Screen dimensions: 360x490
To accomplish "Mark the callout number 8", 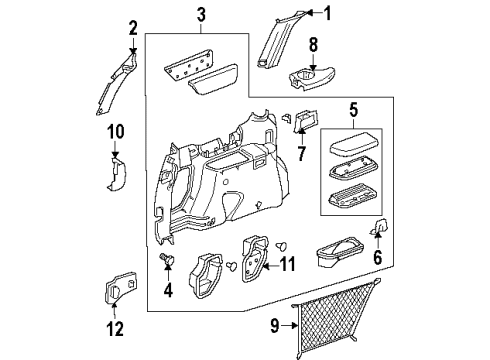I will pos(312,45).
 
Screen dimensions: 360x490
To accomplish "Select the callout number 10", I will pos(115,131).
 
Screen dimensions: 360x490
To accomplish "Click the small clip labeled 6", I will pos(381,229).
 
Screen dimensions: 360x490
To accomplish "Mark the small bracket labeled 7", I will pos(303,121).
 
